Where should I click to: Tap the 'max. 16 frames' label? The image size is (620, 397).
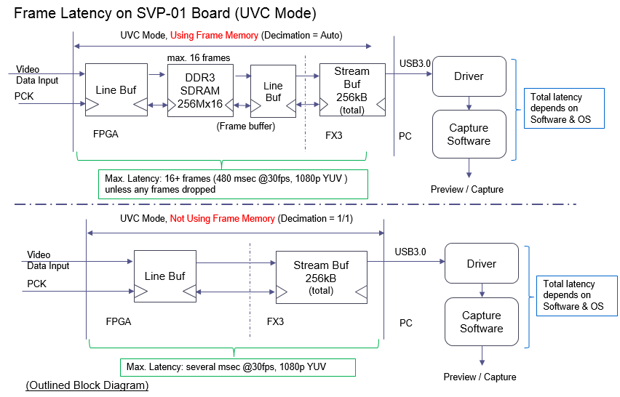199,57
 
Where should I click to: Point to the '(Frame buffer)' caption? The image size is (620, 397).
246,126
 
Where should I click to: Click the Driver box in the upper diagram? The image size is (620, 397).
468,76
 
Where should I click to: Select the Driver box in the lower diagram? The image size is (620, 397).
481,264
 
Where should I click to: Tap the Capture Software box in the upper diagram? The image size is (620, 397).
468,134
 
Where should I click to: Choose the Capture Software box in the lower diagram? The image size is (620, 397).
481,321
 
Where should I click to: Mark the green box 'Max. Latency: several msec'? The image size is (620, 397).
238,367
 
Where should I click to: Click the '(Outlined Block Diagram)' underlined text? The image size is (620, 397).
87,385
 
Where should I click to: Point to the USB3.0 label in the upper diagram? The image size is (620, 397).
415,63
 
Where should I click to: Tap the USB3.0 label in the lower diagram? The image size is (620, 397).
410,252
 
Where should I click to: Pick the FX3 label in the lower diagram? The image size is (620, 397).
275,321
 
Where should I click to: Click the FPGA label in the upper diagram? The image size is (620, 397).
106,134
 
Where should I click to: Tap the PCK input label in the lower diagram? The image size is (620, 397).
36,284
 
